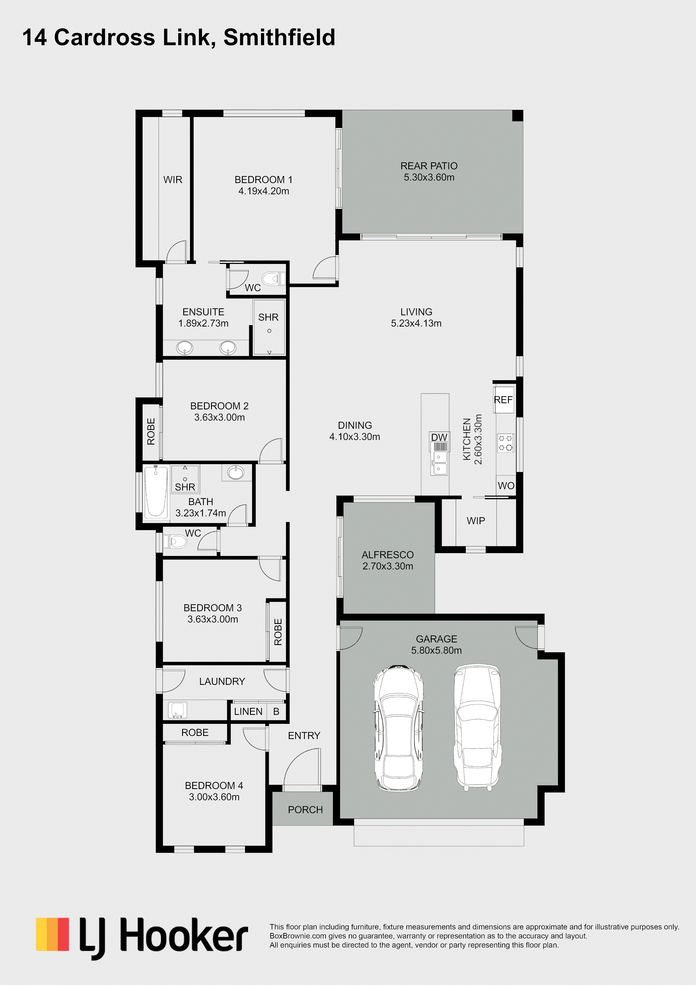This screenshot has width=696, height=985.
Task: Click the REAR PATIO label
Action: pos(429,166)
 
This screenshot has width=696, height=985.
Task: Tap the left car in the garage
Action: pos(399,728)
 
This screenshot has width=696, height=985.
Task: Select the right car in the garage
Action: pos(478,728)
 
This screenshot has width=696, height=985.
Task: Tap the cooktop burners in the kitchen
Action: pos(505,443)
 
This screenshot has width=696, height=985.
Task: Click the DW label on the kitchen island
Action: pos(439,437)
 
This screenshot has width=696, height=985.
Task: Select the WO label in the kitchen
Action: pos(506,486)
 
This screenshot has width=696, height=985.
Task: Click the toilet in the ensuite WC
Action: pos(273,279)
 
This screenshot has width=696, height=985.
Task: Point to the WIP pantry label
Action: pos(476,521)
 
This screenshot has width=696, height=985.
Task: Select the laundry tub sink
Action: pos(178,710)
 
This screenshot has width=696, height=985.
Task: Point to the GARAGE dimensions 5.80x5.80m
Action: pos(437,650)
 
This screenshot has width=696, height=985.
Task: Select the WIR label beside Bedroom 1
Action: pos(173,180)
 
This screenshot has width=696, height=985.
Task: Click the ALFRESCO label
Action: pos(388,555)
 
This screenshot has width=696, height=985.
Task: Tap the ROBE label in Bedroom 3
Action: pos(278,632)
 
